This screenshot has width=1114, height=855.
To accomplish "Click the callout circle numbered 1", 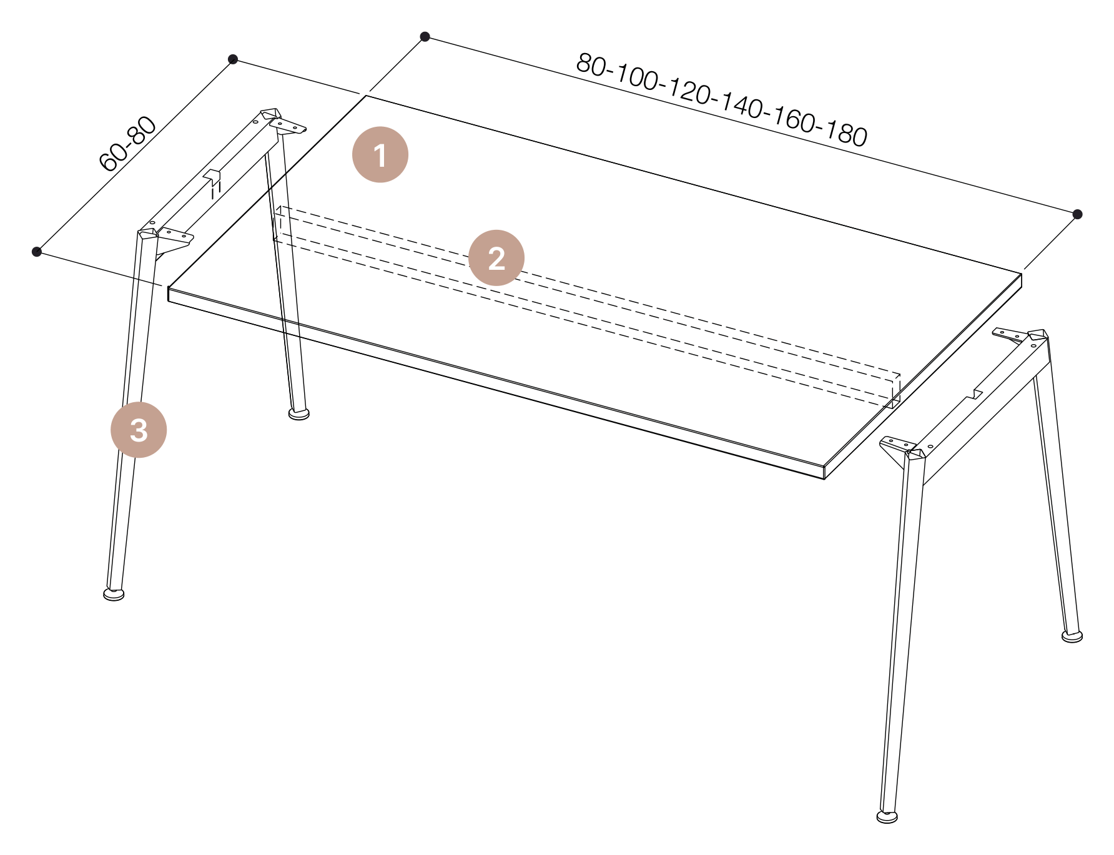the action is click(x=380, y=155).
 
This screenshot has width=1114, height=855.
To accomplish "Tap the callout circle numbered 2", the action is click(x=496, y=258).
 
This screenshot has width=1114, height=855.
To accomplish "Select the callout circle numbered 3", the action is click(x=139, y=430).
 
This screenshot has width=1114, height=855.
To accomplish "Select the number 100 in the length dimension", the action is click(x=638, y=77).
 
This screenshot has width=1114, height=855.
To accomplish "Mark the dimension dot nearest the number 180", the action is click(x=1077, y=214).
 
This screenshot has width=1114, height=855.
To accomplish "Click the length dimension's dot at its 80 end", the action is click(x=425, y=36).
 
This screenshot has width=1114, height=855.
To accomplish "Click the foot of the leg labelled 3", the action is click(x=114, y=594).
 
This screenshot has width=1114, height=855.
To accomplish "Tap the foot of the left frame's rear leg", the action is click(x=299, y=413).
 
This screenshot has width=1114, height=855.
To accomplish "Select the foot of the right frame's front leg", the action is click(x=887, y=816).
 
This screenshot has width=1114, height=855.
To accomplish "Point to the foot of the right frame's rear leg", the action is click(x=1072, y=636).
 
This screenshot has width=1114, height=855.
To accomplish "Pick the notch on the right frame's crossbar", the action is click(x=975, y=395).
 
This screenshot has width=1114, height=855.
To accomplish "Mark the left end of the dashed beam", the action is click(x=279, y=223).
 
